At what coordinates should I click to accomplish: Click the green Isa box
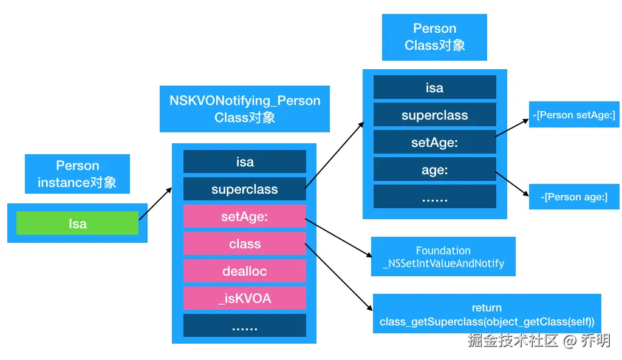pyautogui.click(x=77, y=223)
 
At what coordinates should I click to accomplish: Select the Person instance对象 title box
pyautogui.click(x=77, y=174)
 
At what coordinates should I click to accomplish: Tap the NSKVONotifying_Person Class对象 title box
pyautogui.click(x=245, y=109)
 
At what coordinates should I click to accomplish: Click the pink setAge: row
pyautogui.click(x=245, y=216)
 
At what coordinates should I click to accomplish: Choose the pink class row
pyautogui.click(x=245, y=243)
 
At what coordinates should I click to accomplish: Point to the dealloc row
pyautogui.click(x=245, y=271)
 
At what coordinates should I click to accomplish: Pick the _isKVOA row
pyautogui.click(x=245, y=298)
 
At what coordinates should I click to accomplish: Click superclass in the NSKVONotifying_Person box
pyautogui.click(x=245, y=189)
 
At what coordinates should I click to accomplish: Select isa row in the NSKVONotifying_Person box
pyautogui.click(x=245, y=162)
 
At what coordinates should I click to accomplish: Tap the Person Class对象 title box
pyautogui.click(x=434, y=37)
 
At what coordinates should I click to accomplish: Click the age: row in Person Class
pyautogui.click(x=434, y=170)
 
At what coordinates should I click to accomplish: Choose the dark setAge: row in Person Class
pyautogui.click(x=434, y=143)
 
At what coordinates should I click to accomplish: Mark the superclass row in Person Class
pyautogui.click(x=434, y=115)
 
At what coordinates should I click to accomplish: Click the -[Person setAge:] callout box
pyautogui.click(x=574, y=115)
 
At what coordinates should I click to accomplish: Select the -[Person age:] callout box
pyautogui.click(x=574, y=197)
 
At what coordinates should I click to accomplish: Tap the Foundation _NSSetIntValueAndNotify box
pyautogui.click(x=443, y=257)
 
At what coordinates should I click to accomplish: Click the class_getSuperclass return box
pyautogui.click(x=487, y=314)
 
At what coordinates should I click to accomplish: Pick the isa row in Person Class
pyautogui.click(x=434, y=87)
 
